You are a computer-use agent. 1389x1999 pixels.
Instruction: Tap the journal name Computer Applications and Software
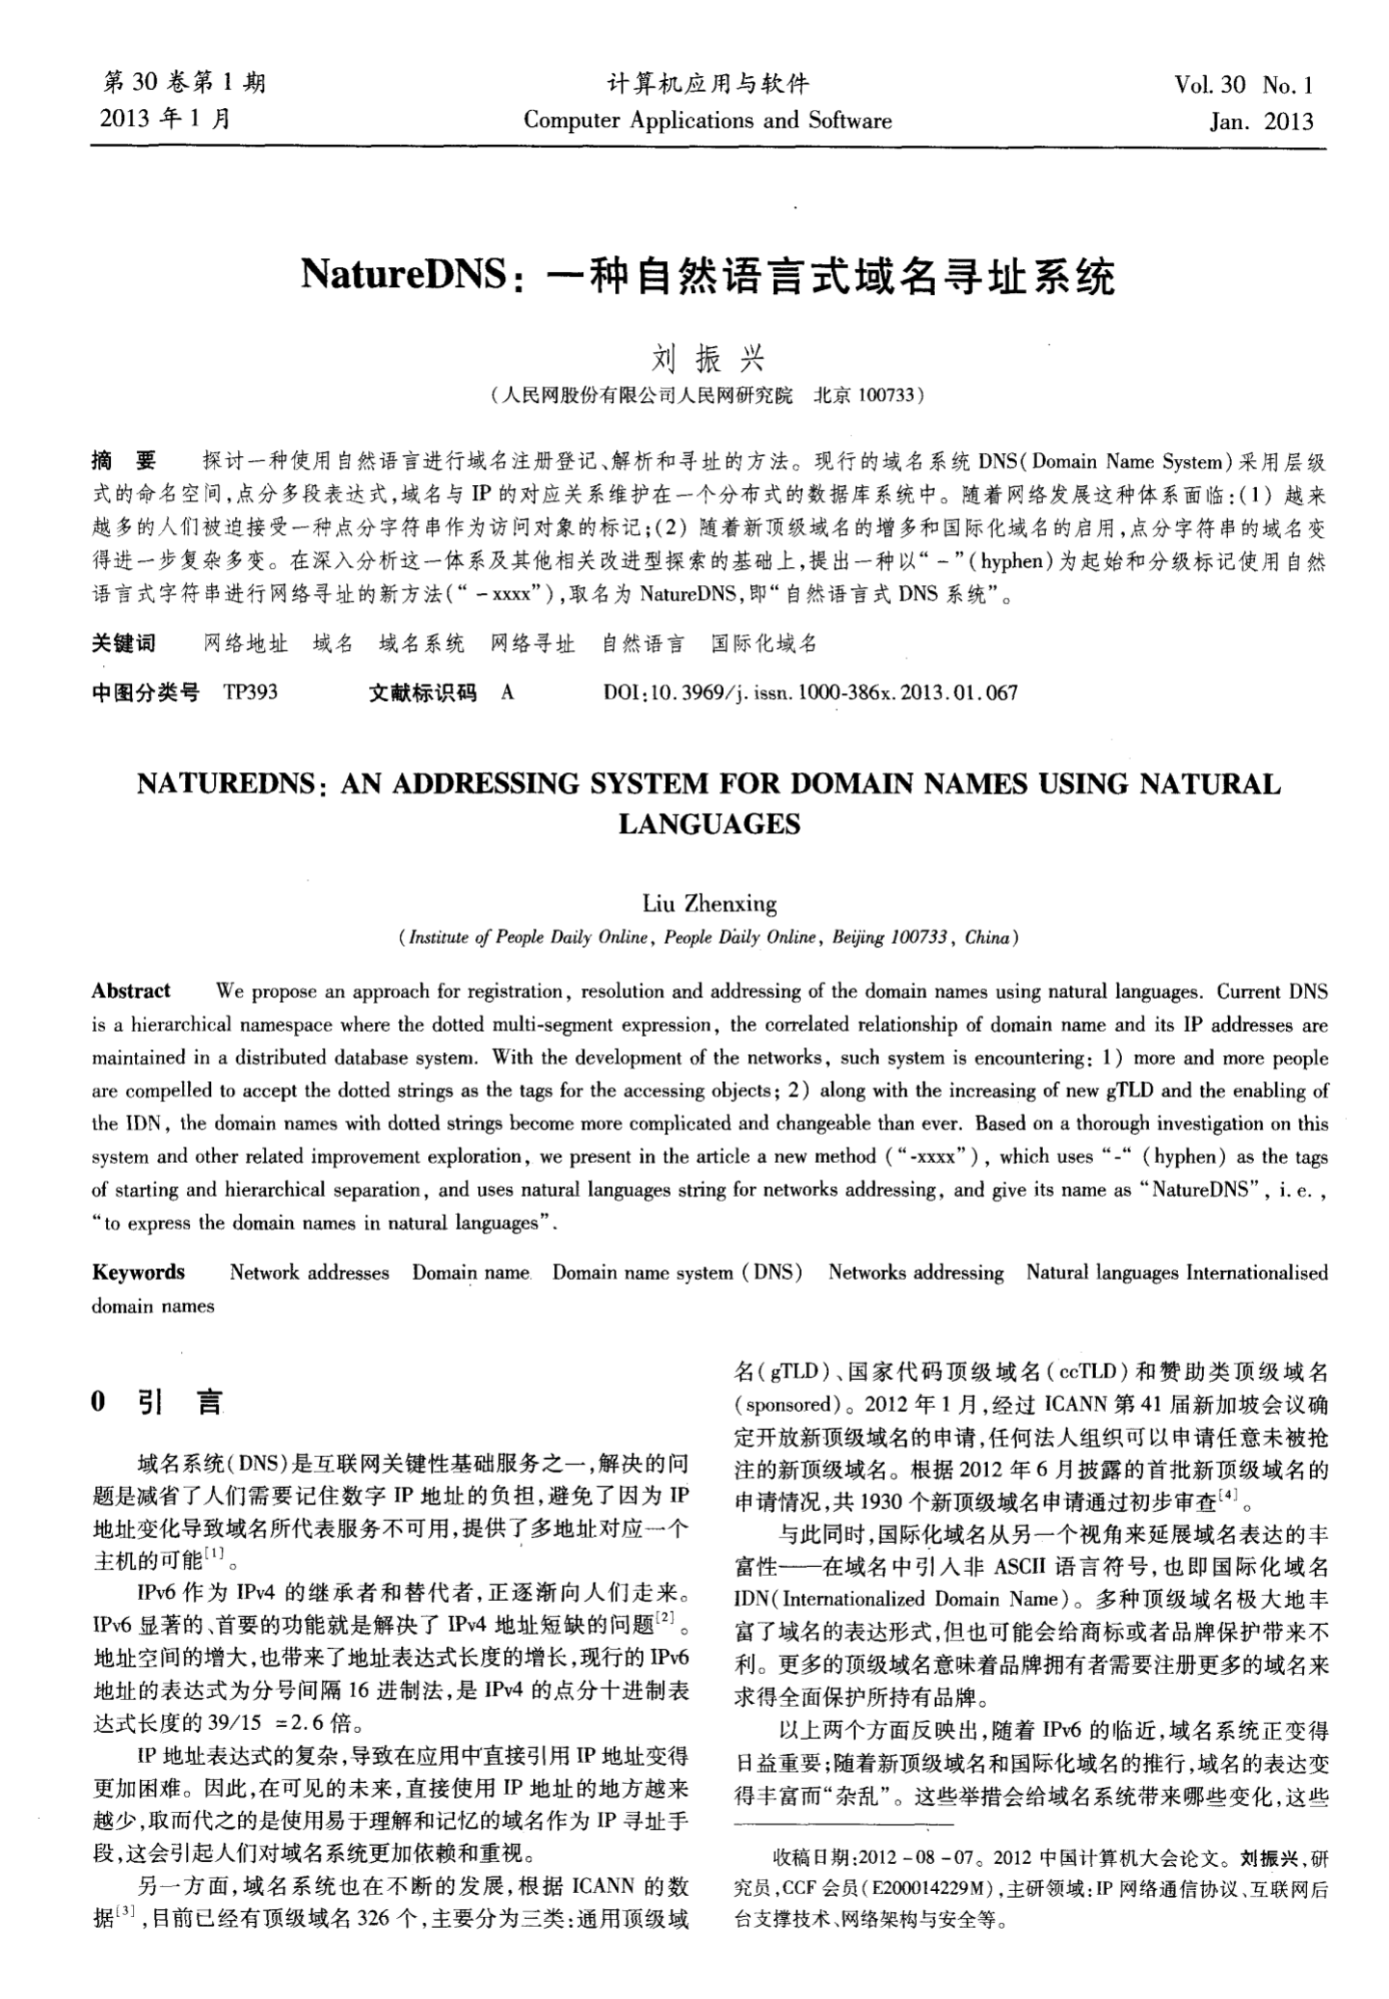(707, 121)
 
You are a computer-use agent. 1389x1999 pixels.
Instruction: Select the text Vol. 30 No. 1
(1243, 85)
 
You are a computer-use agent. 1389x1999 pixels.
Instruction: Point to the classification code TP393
(251, 691)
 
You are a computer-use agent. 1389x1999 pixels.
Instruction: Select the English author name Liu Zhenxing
(708, 904)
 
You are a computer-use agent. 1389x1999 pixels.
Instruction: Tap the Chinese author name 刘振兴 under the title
(708, 359)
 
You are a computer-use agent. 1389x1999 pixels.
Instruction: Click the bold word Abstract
(130, 990)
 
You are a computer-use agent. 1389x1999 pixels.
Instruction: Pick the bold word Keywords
(138, 1272)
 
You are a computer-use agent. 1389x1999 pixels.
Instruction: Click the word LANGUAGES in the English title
(708, 824)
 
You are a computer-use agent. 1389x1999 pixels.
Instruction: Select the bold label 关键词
(123, 643)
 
